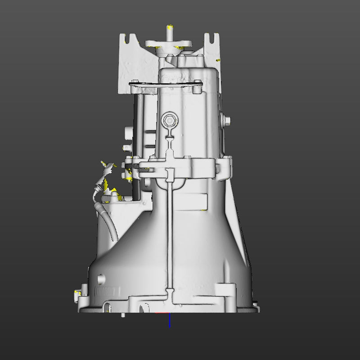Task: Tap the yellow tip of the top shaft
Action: click(170, 27)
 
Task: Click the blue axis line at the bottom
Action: click(170, 320)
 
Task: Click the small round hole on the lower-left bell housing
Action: click(100, 278)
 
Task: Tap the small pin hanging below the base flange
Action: click(123, 315)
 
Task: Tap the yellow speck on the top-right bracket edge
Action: click(218, 59)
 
